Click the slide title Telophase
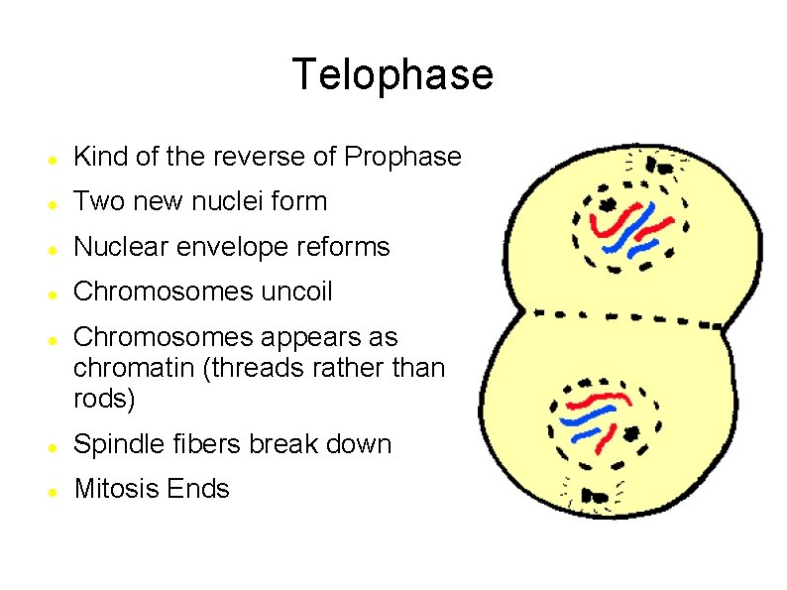[x=393, y=74]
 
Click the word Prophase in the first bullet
[x=402, y=157]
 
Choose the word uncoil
[x=296, y=292]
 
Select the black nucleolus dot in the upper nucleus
[x=606, y=204]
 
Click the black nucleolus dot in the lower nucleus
[x=631, y=432]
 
